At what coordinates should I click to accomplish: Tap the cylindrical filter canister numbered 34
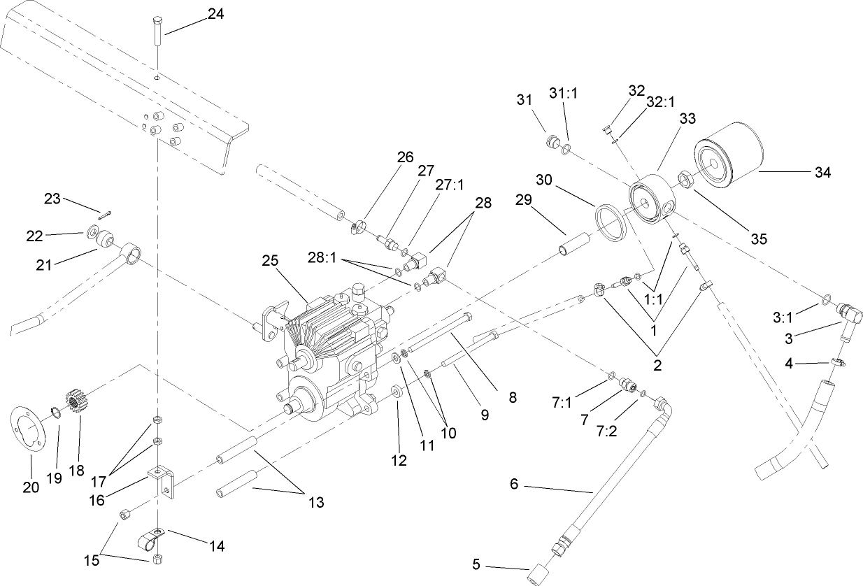(x=727, y=163)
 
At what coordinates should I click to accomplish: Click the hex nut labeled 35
(x=684, y=180)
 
